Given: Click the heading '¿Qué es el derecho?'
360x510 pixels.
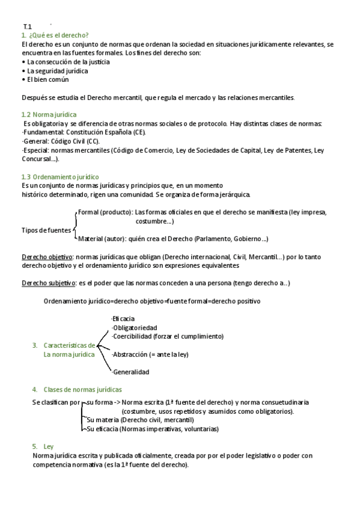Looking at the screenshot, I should click(58, 35).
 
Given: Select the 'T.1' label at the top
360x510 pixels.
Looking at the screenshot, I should click(27, 27).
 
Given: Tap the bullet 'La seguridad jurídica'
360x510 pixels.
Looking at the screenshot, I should click(57, 70).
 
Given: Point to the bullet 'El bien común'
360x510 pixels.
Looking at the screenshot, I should click(47, 79).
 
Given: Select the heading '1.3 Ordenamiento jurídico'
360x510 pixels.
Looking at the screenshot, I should click(59, 177).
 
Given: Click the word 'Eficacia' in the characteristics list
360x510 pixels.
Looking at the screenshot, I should click(123, 319).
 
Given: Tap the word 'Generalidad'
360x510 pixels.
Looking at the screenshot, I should click(130, 372).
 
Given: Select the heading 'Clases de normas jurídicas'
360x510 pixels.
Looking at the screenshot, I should click(83, 389).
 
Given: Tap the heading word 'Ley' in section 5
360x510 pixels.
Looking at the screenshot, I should click(49, 447).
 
